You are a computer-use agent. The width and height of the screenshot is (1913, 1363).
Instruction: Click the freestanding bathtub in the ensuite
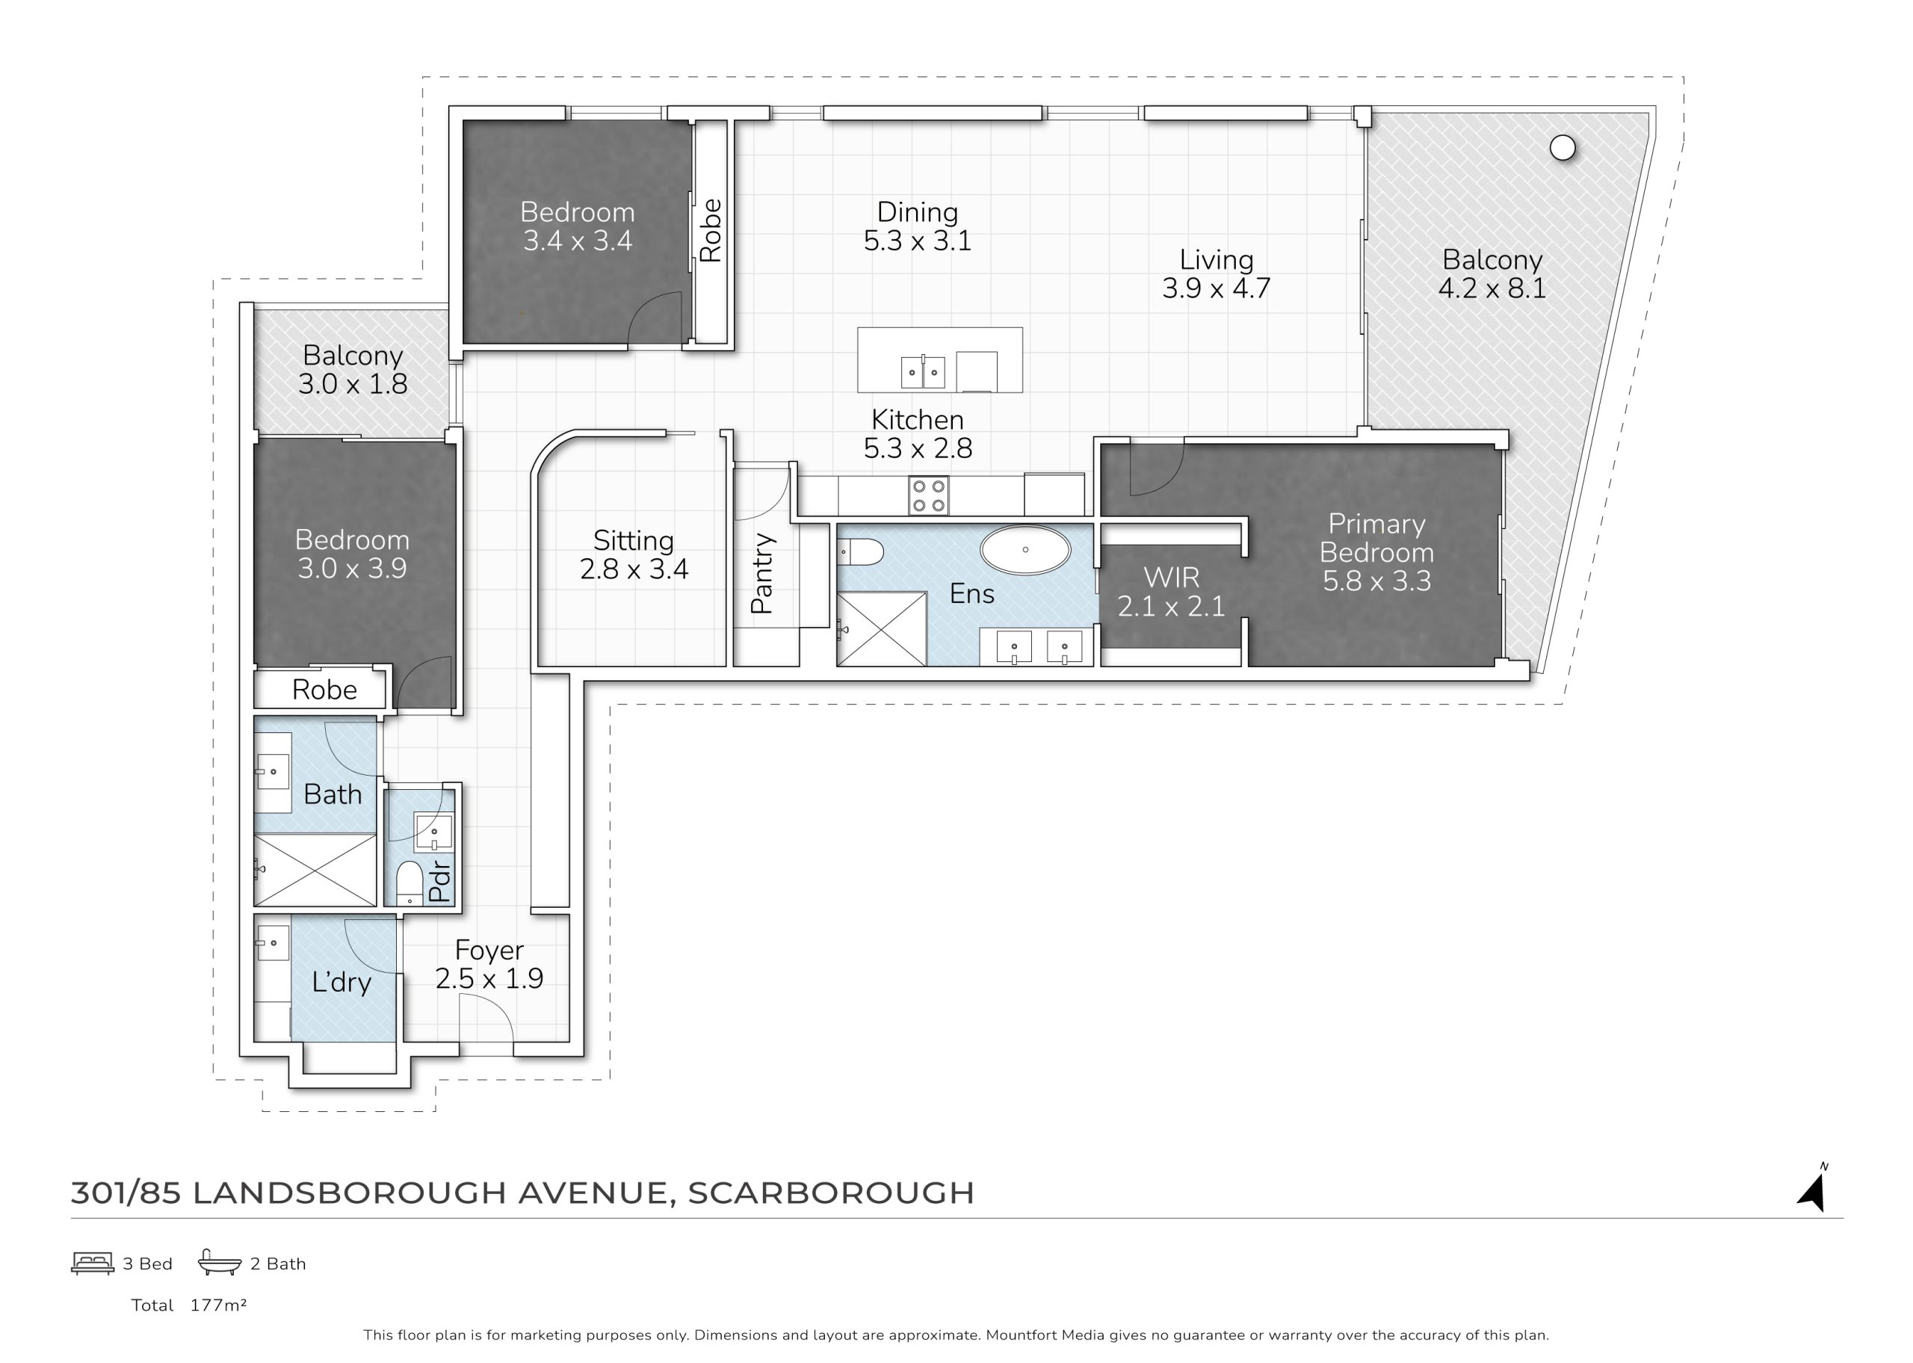1025,551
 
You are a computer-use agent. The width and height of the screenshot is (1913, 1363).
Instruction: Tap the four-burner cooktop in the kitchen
929,495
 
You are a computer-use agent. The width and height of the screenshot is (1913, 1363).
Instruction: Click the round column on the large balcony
1563,149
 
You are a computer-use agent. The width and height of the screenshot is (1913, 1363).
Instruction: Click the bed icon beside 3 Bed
93,1263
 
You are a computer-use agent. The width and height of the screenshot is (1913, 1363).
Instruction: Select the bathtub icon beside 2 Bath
220,1262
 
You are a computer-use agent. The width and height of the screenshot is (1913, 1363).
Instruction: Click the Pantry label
762,573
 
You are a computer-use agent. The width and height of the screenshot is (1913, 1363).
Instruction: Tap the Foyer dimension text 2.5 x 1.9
489,977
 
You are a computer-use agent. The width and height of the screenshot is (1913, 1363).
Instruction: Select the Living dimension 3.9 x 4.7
1216,288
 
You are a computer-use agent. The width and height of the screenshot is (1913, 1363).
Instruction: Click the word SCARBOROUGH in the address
831,1193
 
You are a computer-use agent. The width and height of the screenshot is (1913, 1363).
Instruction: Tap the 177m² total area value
218,1305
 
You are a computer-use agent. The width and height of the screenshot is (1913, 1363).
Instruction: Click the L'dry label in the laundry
342,982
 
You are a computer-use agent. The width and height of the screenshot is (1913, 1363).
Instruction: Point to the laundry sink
273,943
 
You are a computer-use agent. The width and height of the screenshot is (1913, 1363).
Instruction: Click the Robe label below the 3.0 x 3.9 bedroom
325,690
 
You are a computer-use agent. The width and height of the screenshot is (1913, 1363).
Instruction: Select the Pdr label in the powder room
439,882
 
